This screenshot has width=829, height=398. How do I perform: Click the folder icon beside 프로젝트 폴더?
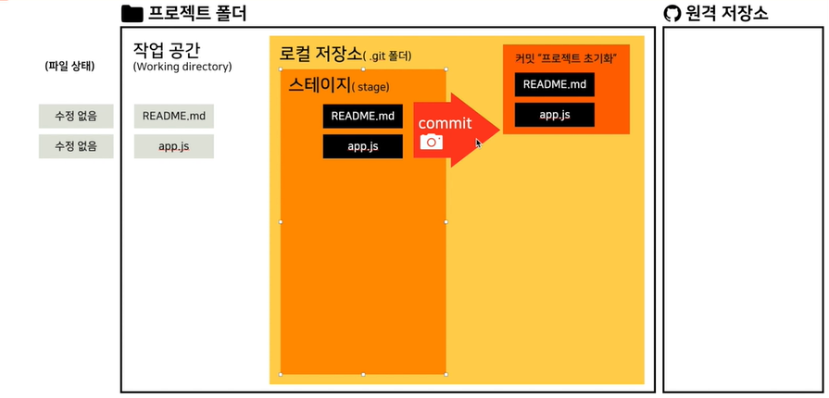[132, 14]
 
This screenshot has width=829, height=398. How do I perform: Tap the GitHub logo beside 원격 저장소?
[672, 14]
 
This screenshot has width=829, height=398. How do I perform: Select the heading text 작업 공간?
[167, 48]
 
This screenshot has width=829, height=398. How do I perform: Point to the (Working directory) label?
[182, 67]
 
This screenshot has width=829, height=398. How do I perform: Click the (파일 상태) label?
[69, 67]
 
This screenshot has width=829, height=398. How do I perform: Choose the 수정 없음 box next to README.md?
[76, 117]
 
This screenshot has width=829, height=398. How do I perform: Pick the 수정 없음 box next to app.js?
[76, 146]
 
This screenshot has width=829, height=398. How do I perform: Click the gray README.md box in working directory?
[174, 117]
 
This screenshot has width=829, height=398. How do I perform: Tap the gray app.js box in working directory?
[174, 146]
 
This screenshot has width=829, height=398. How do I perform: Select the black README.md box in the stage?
[362, 117]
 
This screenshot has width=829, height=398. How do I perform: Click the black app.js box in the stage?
[362, 146]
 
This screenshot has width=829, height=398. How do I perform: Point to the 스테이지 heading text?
[319, 85]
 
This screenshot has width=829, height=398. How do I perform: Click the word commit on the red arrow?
[445, 123]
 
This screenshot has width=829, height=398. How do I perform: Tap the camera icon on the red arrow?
[431, 142]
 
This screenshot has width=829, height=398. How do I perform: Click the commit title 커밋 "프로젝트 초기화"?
[566, 58]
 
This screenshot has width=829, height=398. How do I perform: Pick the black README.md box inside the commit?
[555, 84]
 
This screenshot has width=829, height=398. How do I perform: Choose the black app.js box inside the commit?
[555, 114]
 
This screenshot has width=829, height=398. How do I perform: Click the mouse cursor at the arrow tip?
[479, 143]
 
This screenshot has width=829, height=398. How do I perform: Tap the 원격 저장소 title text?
[727, 14]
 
